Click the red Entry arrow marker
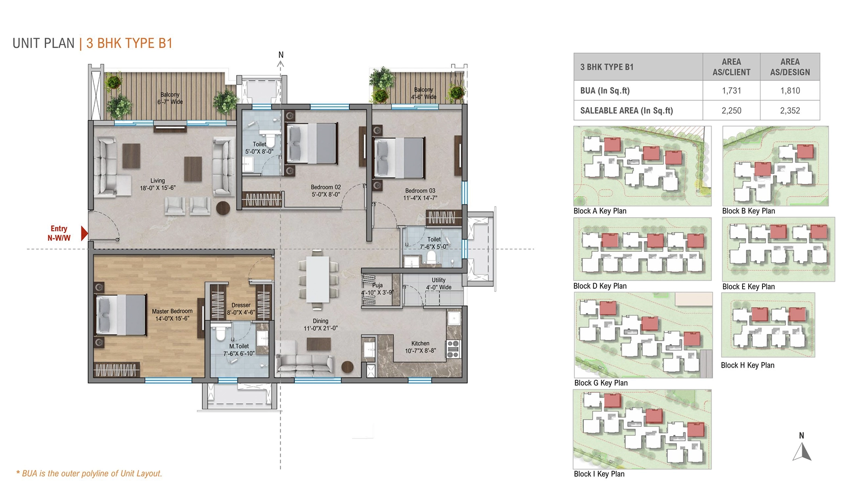point(84,233)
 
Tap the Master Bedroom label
point(172,315)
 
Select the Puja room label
point(377,289)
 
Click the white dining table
point(317,279)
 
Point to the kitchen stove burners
point(453,349)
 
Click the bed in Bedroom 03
point(398,158)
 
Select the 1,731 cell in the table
point(731,91)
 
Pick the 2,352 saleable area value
point(790,110)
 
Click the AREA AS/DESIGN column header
point(790,67)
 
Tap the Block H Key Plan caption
point(747,365)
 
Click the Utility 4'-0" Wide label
point(439,283)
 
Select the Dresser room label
point(241,309)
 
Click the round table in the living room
point(223,208)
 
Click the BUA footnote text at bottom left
point(89,473)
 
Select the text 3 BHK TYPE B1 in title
point(129,43)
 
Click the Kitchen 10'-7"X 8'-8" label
point(420,347)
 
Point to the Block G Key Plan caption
point(601,383)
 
